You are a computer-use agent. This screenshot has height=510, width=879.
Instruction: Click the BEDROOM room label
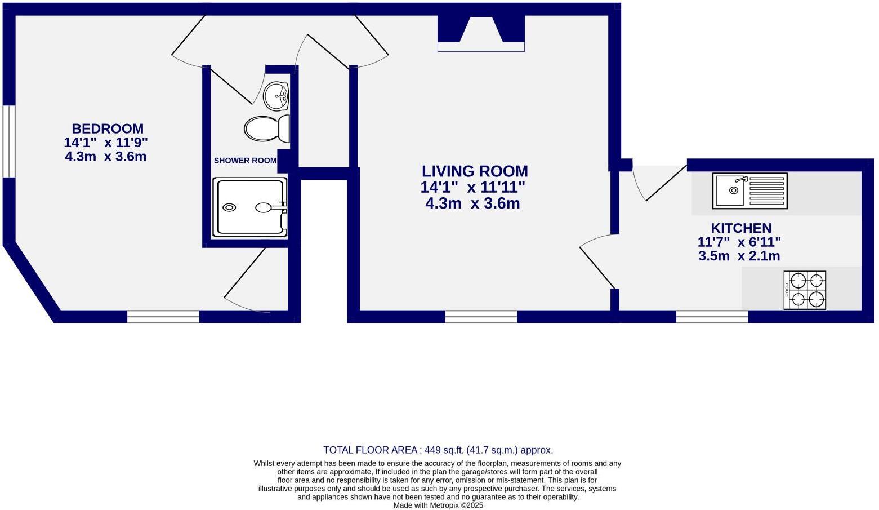pos(108,129)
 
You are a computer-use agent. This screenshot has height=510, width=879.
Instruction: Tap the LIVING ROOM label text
pos(475,171)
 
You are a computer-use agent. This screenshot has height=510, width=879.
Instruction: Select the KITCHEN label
pos(741,228)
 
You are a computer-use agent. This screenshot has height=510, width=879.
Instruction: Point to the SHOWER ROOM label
pos(246,161)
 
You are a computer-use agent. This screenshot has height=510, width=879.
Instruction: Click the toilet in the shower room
pos(267,128)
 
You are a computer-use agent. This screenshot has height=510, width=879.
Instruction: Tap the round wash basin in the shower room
pos(276,96)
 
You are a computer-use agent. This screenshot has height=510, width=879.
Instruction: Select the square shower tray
pos(250,207)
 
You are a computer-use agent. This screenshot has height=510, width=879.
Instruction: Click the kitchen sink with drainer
pos(750,191)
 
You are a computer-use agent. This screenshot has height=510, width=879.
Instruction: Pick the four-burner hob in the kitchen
pos(805,290)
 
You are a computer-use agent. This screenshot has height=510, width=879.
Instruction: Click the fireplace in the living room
pos(481,34)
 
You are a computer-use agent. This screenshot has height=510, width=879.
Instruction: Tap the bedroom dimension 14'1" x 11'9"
pos(106,142)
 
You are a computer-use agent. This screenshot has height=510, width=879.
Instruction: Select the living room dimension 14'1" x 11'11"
pos(473,188)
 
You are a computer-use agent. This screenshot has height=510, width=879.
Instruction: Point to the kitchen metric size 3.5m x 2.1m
pos(739,256)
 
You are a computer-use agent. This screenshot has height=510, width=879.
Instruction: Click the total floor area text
pos(438,450)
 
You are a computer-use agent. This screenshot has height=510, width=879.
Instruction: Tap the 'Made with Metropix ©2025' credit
pos(438,505)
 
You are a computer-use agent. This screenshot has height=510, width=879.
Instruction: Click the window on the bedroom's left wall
pos(8,141)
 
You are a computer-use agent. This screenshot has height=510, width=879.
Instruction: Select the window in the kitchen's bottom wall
pos(712,317)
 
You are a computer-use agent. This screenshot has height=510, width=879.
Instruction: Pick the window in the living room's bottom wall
pos(481,317)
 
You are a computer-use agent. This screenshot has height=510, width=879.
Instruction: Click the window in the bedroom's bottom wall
pos(163,317)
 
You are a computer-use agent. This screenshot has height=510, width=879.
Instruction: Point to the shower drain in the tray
pos(229,207)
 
